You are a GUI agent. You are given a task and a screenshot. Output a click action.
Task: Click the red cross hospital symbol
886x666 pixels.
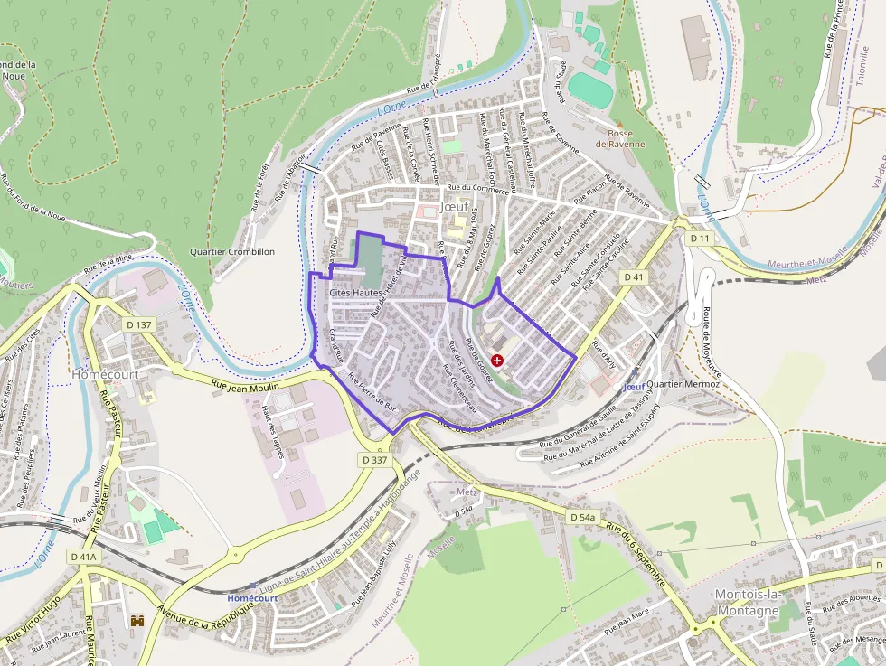pyautogui.click(x=497, y=360)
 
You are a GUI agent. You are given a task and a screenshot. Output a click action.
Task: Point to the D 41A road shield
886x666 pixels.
pyautogui.click(x=82, y=558)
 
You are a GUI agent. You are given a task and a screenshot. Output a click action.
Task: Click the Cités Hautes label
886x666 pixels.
pyautogui.click(x=356, y=293)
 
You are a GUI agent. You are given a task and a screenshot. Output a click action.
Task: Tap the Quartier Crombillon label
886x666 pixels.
pyautogui.click(x=231, y=251)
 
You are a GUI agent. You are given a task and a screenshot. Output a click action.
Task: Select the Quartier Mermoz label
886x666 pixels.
pyautogui.click(x=683, y=384)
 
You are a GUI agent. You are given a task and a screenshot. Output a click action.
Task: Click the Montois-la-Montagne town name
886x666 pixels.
pyautogui.click(x=746, y=602)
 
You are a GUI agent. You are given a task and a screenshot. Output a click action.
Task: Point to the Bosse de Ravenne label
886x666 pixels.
pyautogui.click(x=620, y=138)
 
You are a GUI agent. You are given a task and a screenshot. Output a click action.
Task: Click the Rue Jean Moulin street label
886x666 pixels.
pyautogui.click(x=246, y=385)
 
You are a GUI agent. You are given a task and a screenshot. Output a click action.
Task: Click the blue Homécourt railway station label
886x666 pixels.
pyautogui.click(x=252, y=597)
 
